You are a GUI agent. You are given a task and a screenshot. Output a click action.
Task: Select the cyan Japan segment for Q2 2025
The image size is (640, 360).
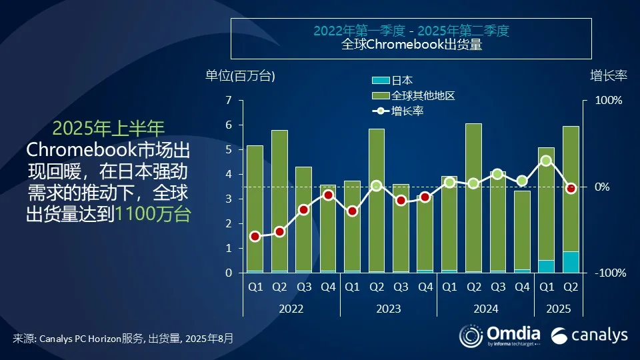(571, 262)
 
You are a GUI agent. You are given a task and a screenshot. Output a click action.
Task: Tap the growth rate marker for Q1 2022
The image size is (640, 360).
(255, 237)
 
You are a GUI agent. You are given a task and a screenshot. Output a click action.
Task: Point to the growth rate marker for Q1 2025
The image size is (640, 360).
(546, 161)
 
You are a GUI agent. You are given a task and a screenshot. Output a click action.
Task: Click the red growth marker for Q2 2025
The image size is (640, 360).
(571, 189)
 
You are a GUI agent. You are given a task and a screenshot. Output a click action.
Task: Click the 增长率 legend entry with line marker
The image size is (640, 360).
(398, 111)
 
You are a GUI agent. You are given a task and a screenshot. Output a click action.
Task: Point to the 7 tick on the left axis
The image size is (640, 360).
(228, 101)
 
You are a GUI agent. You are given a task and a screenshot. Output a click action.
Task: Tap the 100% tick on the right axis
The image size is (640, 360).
(609, 101)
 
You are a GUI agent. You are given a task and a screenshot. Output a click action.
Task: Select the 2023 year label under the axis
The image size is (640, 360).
(389, 309)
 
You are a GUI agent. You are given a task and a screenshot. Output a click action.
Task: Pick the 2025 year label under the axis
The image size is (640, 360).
(558, 309)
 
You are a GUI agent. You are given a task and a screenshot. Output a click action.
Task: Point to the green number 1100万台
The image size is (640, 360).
(153, 214)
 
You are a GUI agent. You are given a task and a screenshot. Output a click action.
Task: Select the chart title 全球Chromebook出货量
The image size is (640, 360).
(411, 45)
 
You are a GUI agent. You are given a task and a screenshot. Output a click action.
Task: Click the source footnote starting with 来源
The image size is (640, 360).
(123, 338)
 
